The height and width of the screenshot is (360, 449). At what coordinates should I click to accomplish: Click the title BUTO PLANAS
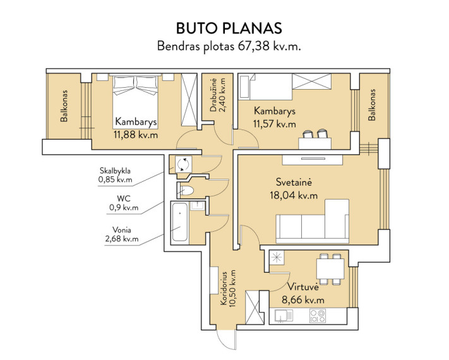[229, 28]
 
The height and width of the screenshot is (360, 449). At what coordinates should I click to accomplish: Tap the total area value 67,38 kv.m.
[269, 46]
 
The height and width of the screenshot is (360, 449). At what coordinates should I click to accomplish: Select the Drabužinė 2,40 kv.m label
[218, 95]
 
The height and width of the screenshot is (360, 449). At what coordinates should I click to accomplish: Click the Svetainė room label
[294, 182]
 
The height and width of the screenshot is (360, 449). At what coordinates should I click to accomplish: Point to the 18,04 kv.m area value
[294, 195]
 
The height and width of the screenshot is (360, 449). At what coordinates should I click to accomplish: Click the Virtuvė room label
[302, 287]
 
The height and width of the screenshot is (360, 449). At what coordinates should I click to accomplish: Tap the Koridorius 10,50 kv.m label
[228, 288]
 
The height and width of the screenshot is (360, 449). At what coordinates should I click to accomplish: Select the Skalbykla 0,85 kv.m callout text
[115, 176]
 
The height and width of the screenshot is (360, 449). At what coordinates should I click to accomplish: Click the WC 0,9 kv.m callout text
[124, 203]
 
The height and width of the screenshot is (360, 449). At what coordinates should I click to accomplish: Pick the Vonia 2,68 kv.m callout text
[122, 234]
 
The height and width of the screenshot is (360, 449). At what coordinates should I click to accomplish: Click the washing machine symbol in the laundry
[183, 164]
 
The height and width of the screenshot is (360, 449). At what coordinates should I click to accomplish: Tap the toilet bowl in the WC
[188, 191]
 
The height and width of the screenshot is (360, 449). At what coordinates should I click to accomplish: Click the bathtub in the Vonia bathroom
[180, 222]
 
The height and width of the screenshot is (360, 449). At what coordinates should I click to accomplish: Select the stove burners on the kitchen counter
[317, 316]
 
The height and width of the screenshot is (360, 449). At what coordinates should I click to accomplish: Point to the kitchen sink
[284, 316]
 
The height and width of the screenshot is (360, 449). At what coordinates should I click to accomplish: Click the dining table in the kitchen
[330, 269]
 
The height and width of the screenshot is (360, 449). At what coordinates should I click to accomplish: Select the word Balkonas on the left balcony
[64, 106]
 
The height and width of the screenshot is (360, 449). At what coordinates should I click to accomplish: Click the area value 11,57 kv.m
[274, 124]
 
